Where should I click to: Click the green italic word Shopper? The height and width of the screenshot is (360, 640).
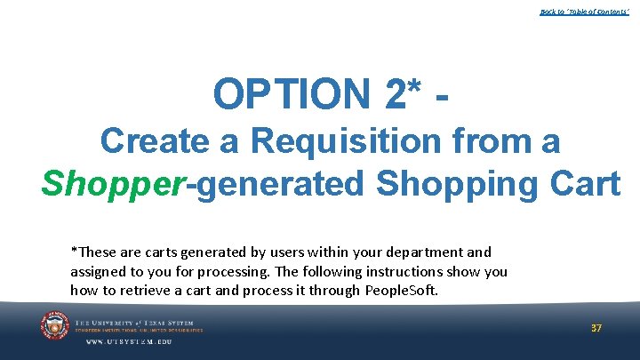point(109,183)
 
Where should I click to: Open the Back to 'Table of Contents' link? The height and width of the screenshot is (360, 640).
point(584,12)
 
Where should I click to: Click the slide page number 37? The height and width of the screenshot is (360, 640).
point(596,328)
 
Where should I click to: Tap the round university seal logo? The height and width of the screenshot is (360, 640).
point(55,326)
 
